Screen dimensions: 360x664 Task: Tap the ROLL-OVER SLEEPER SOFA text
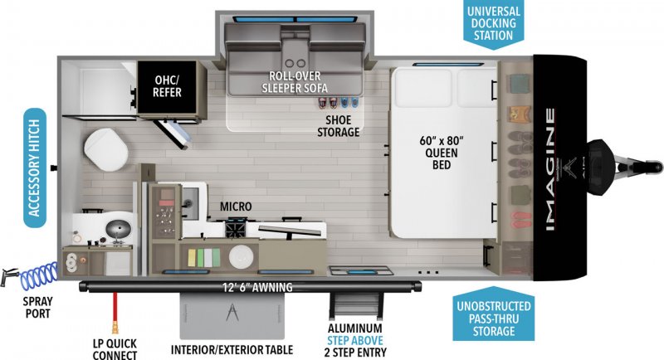pos(295,82)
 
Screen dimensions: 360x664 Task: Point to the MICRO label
pos(236,206)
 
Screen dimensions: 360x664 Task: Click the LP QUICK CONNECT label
pos(114,348)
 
